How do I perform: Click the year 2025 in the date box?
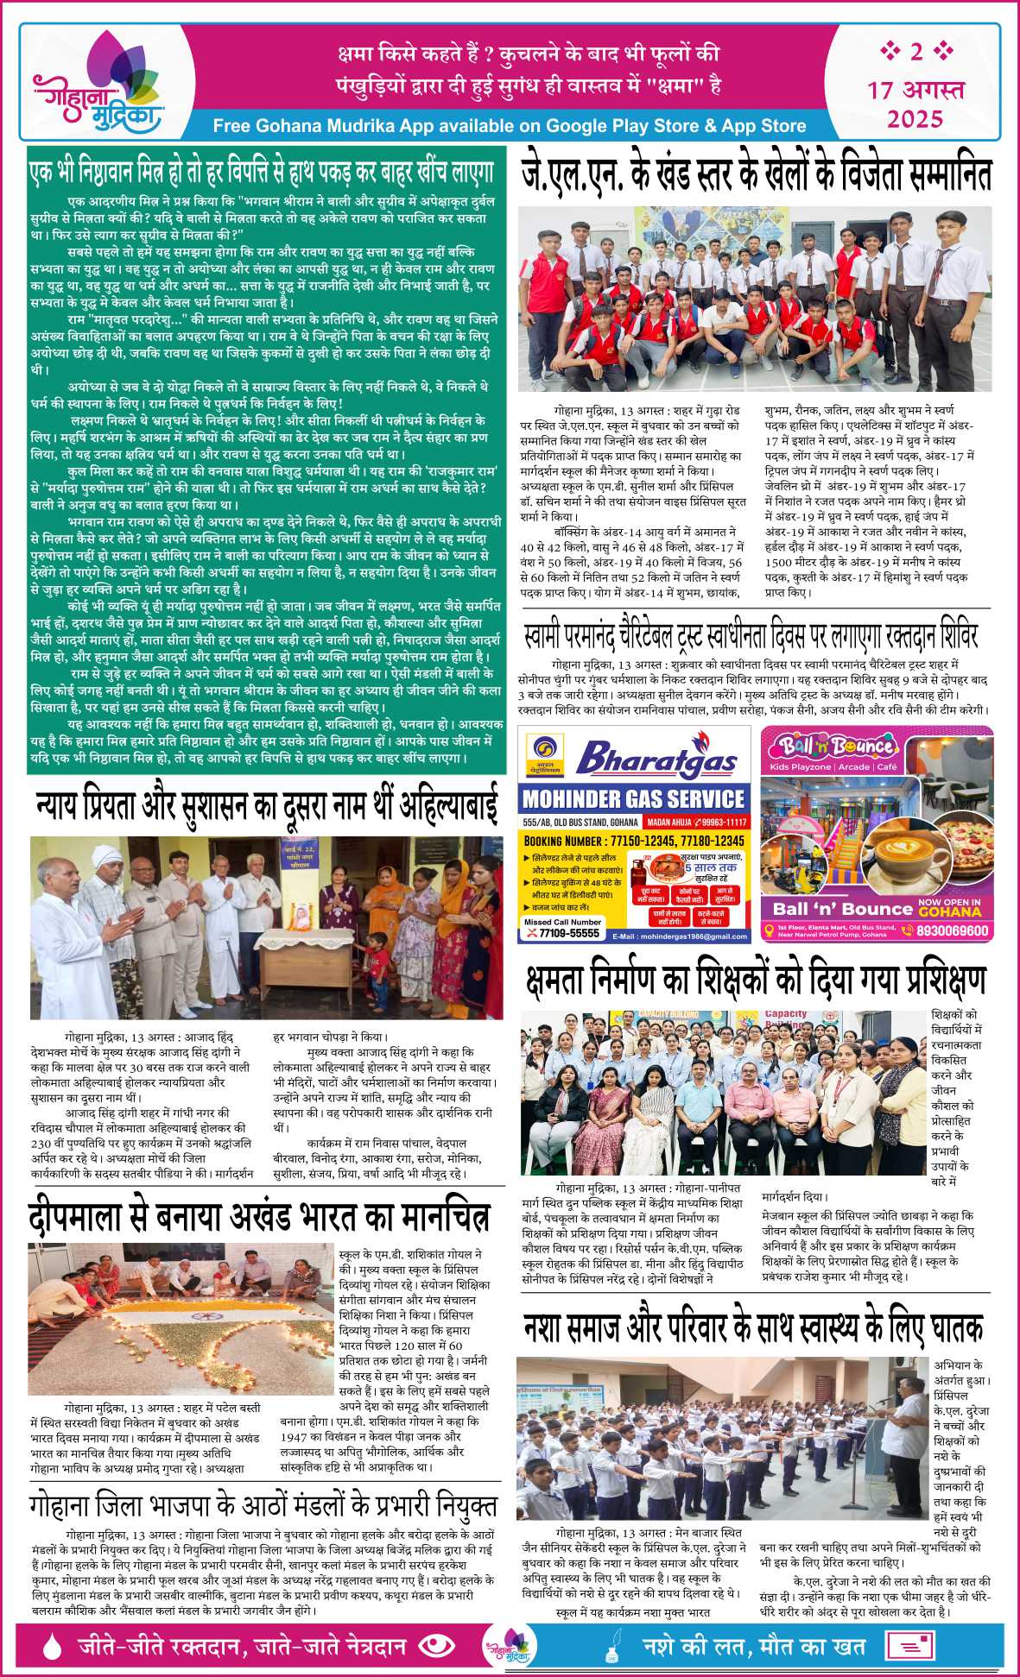point(915,118)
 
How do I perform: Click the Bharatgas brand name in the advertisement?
point(656,760)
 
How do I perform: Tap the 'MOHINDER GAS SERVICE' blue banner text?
point(634,798)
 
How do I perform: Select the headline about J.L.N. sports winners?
point(756,176)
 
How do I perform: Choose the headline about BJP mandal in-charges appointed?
point(263,1506)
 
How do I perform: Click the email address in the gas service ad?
point(681,936)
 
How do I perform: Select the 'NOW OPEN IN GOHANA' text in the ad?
point(949,907)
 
